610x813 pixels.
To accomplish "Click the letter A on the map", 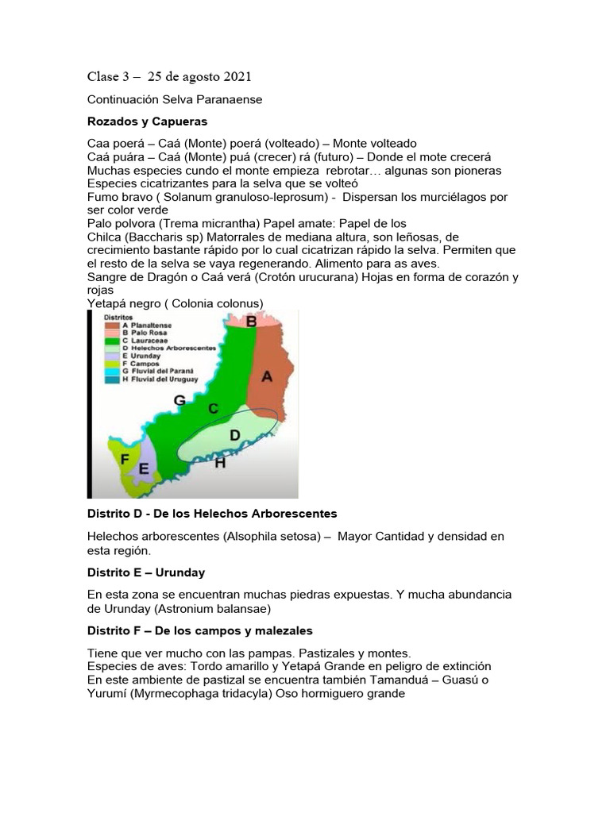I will [268, 378].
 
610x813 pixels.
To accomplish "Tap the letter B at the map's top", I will [251, 321].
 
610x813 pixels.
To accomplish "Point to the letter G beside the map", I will [180, 402].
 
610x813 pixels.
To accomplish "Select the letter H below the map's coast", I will [220, 462].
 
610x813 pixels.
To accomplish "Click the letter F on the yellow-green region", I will [125, 459].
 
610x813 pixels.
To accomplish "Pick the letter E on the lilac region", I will [144, 469].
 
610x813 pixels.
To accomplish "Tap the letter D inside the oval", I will [234, 435].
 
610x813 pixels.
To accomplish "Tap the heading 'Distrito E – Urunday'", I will [146, 572].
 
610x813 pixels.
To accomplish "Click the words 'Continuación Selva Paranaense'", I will [175, 101].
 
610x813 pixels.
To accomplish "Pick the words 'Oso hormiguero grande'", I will [341, 693].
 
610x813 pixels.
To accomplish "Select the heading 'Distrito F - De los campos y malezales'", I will [199, 630].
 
